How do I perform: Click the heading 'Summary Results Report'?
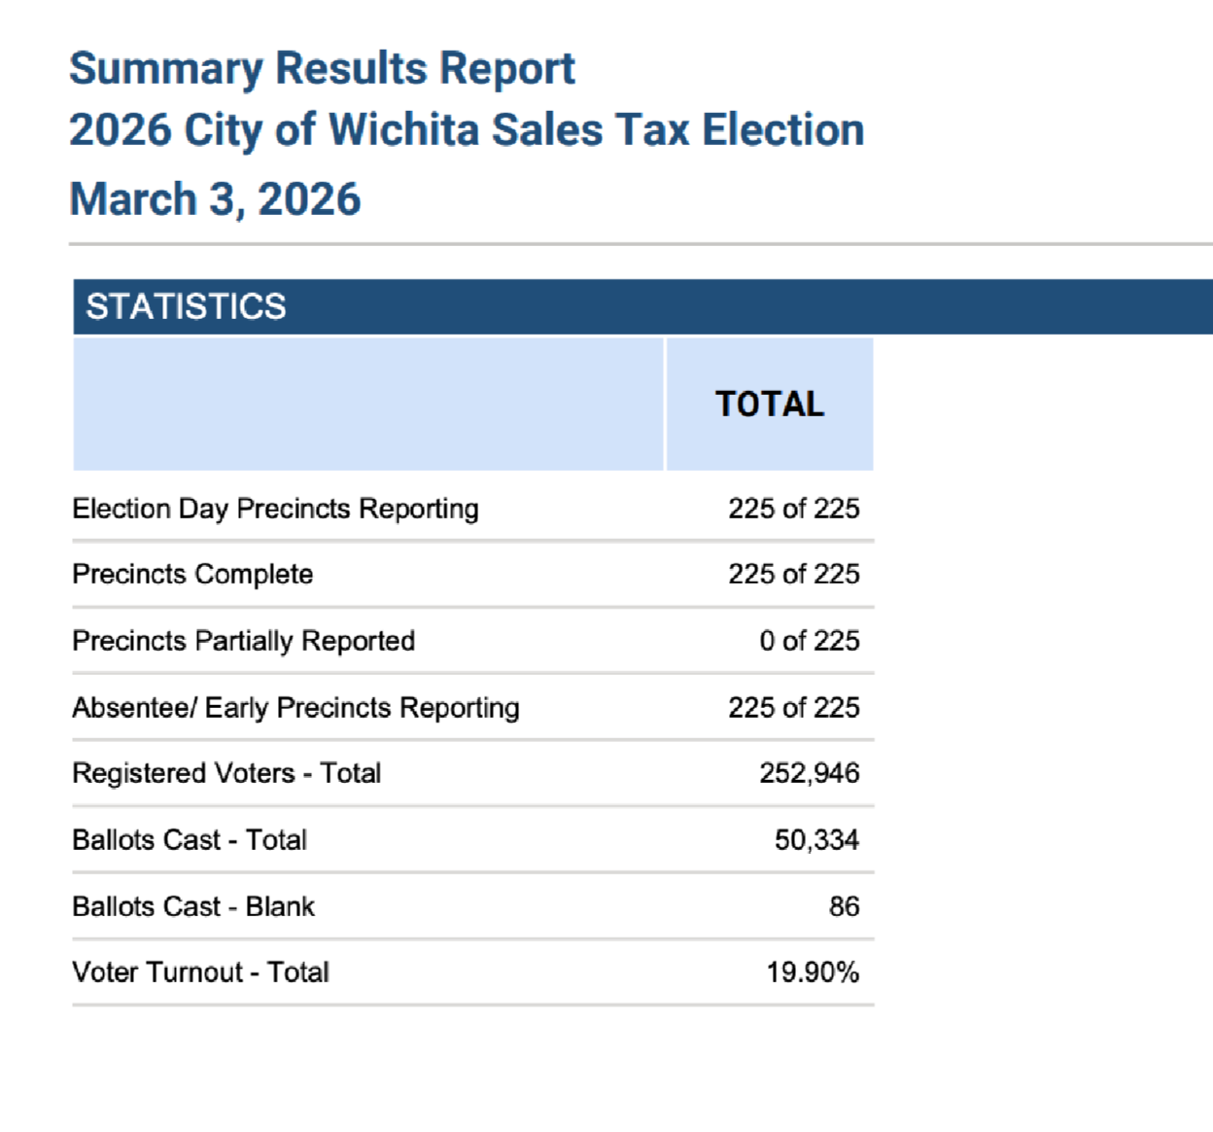[322, 69]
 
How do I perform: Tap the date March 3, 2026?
[215, 199]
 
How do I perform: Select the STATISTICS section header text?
[186, 306]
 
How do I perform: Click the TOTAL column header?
[770, 404]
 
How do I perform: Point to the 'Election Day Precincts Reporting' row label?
[275, 509]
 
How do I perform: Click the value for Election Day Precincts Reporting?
[793, 509]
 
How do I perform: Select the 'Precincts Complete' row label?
[192, 574]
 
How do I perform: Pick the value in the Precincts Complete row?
[793, 574]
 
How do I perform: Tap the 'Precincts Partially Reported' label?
[243, 641]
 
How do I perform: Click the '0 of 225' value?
[809, 641]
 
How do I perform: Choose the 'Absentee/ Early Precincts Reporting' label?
[295, 708]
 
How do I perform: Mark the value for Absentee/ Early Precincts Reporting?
[793, 708]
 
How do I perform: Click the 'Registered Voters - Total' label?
[226, 773]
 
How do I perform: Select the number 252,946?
[809, 773]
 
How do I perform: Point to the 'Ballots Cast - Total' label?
[190, 839]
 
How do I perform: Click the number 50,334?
[816, 839]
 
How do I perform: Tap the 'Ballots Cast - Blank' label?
[193, 906]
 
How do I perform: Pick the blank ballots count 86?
[844, 906]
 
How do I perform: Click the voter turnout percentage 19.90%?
[813, 973]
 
